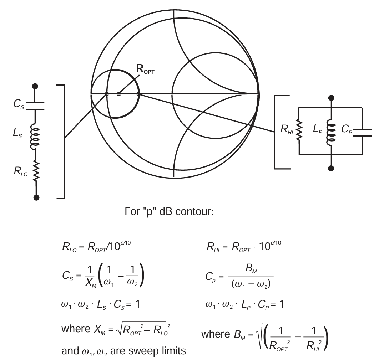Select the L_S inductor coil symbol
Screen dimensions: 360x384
35,137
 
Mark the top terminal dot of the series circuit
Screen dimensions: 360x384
35,86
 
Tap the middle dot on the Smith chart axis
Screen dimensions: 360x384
119,94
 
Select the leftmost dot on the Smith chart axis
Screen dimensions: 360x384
107,94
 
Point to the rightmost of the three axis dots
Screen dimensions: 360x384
139,94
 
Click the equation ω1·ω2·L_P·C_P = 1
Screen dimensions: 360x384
243,305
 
